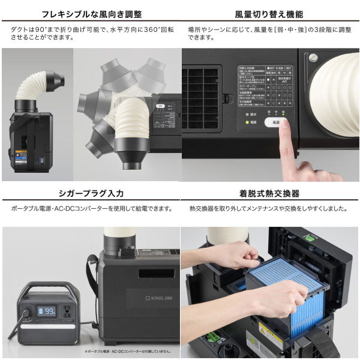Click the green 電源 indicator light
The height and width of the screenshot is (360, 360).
click(x=247, y=122)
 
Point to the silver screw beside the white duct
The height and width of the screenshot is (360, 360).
click(x=313, y=58)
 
